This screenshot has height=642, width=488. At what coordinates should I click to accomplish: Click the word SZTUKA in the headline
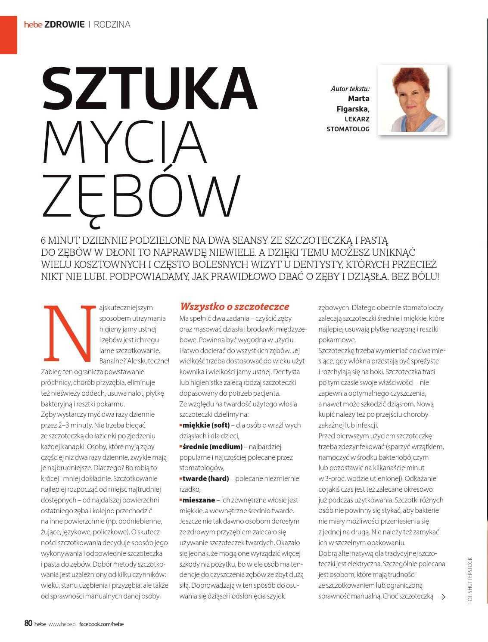[x=149, y=89]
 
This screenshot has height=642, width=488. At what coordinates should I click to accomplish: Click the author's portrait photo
[x=413, y=99]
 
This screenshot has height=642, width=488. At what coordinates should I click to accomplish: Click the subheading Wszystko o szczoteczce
[x=234, y=307]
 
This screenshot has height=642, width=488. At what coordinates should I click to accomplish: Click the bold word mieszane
[x=198, y=500]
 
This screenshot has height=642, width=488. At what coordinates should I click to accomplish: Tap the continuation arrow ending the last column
[x=441, y=596]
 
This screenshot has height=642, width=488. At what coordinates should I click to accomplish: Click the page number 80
[x=28, y=623]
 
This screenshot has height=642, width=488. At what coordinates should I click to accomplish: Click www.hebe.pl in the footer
[x=62, y=624]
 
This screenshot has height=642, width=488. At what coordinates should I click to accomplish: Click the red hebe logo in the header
[x=33, y=25]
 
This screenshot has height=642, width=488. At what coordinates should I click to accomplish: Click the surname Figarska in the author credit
[x=353, y=109]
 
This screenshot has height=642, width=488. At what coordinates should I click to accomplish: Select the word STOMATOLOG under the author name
[x=348, y=129]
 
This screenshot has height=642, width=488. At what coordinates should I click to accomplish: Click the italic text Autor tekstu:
[x=350, y=89]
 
